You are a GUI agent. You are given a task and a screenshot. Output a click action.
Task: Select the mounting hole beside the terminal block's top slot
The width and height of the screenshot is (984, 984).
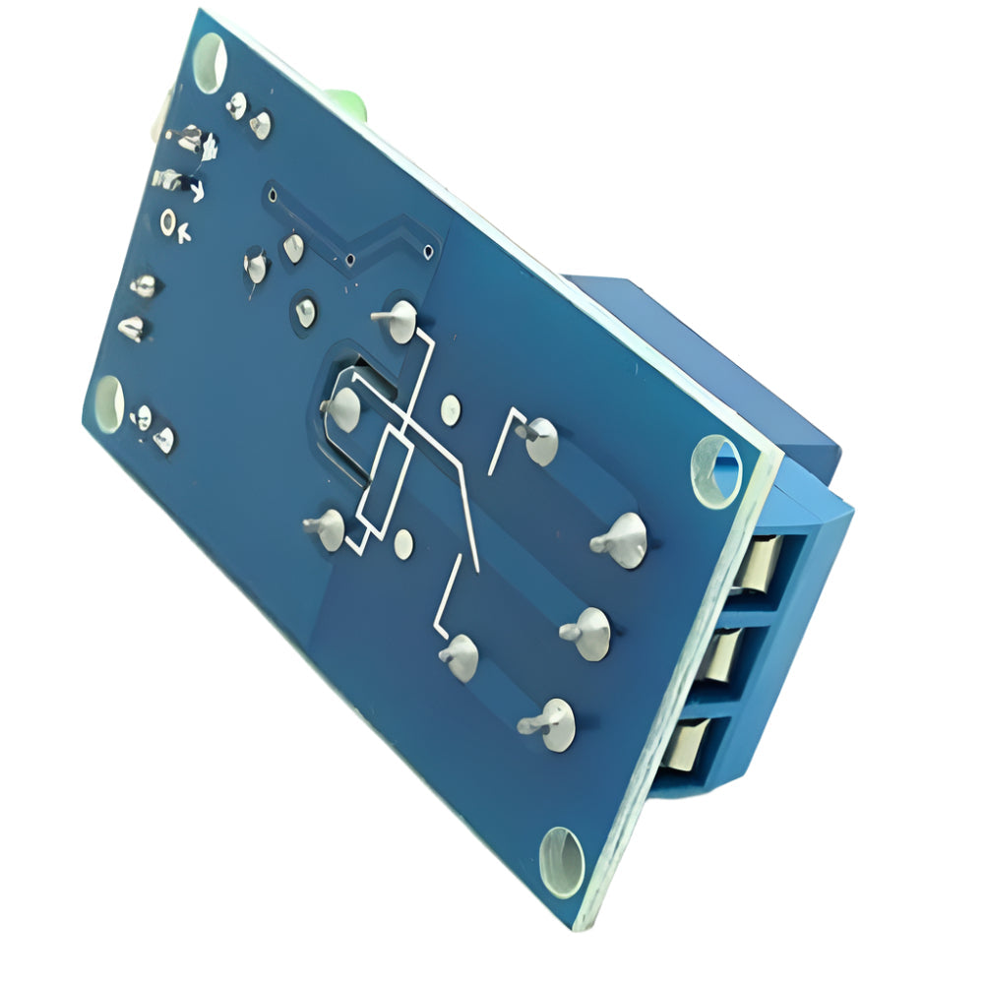pos(714,469)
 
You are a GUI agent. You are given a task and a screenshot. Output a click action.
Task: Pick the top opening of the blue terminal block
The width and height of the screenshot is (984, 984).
pos(760,567)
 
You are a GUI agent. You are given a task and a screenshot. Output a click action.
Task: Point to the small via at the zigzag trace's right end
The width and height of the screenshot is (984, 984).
pos(428,253)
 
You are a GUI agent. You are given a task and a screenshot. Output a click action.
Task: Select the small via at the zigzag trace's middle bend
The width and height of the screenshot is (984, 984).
pos(349,261)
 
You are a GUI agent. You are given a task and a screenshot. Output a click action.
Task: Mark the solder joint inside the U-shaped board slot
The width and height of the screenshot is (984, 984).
pos(344,407)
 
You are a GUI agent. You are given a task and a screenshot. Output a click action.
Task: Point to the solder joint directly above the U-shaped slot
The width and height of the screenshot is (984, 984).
pos(399,320)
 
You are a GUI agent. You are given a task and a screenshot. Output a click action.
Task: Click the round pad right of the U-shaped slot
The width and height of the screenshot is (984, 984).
pos(450,407)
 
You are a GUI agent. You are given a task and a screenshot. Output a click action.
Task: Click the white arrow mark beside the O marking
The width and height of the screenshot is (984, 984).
pos(187,232)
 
